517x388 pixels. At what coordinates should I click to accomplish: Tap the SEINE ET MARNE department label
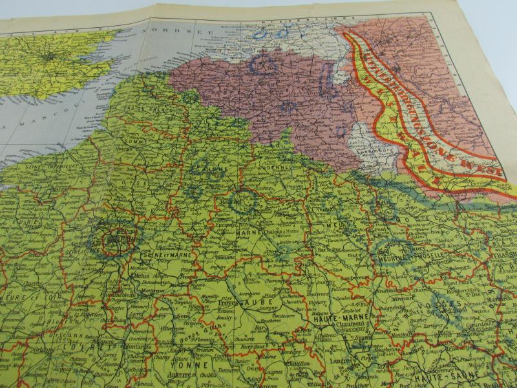tap(159, 257)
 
